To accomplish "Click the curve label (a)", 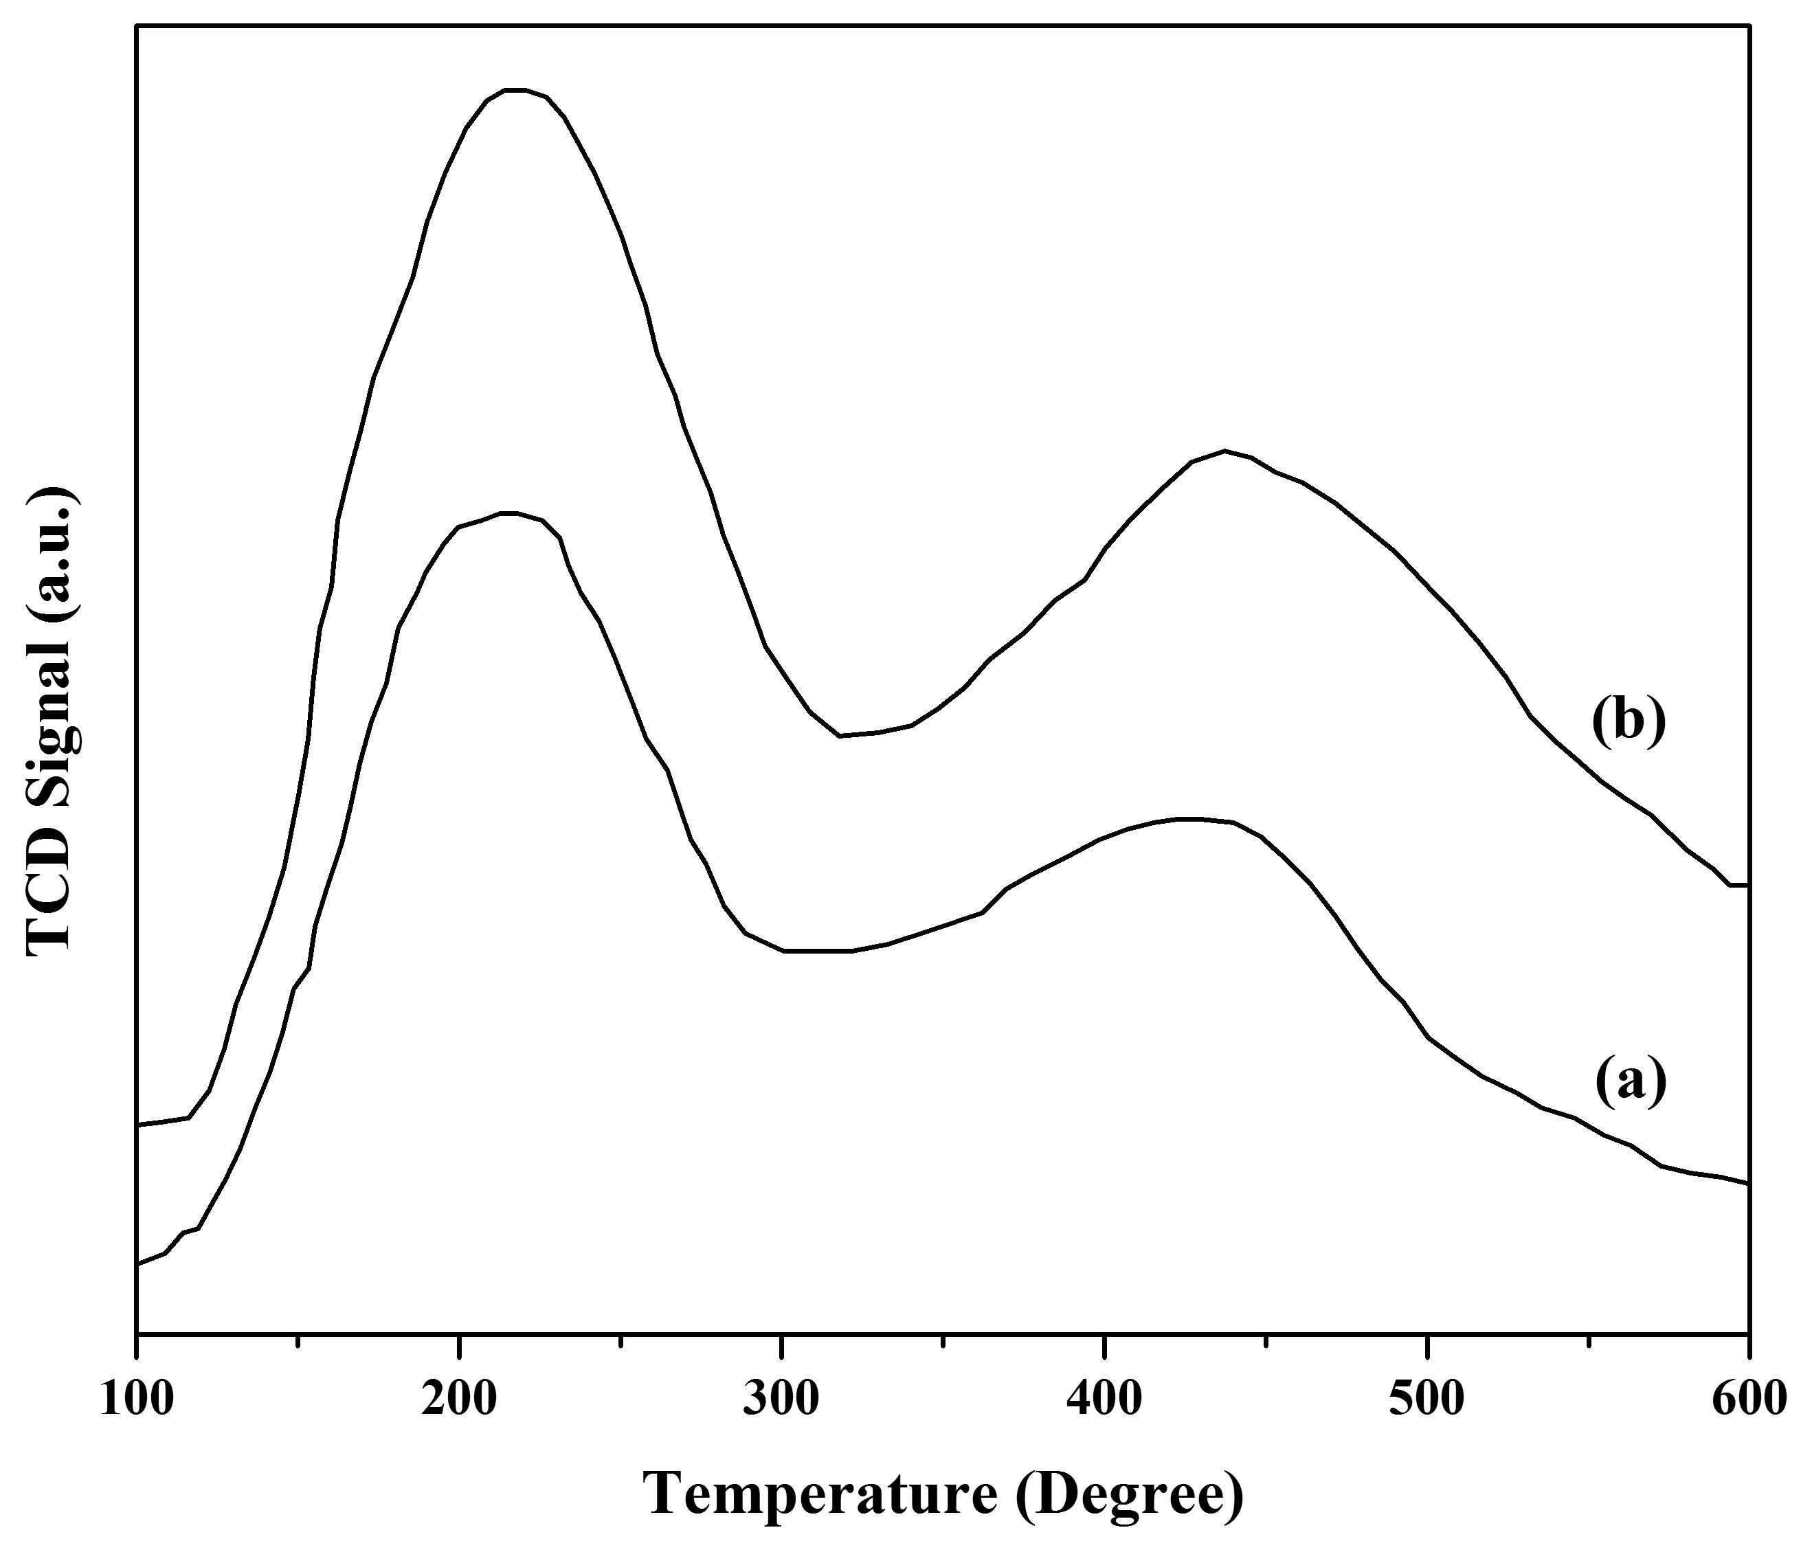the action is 1631,1082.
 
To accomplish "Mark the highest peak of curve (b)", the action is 515,89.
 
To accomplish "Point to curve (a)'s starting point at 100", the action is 137,1263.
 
